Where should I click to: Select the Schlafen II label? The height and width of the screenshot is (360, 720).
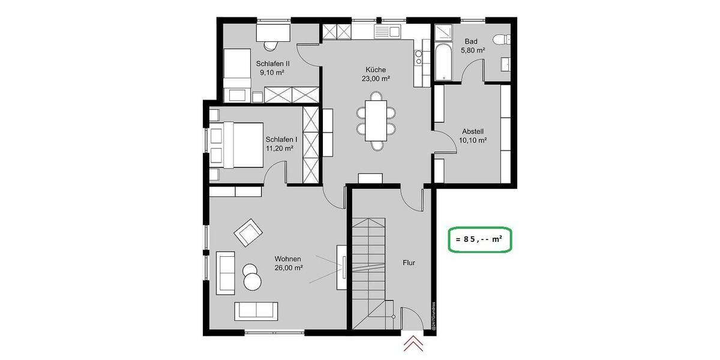coord(273,63)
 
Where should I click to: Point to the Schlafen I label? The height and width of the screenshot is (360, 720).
coord(279,139)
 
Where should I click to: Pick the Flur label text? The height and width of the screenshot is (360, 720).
coord(410,262)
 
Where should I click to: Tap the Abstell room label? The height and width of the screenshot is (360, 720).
coord(473,131)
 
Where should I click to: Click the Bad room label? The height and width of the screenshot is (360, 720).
coord(471,41)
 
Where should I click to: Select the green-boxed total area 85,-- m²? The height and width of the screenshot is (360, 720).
coord(479,239)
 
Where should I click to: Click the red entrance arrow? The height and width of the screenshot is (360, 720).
coord(412,344)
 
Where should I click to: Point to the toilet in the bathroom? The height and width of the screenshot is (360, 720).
coord(501,40)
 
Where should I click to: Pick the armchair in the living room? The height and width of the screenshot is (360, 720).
coord(248,232)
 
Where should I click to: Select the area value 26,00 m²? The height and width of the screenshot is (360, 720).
coord(288,268)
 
